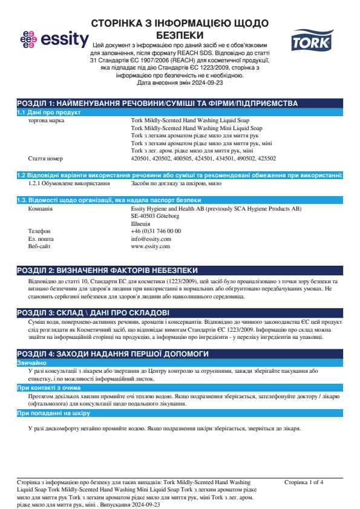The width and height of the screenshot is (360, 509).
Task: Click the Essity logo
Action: [x=54, y=40]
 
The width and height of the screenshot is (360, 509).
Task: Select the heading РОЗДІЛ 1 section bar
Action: [x=157, y=104]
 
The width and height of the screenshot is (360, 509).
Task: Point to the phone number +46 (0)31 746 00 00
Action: [x=155, y=231]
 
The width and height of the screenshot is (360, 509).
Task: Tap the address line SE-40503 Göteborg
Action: [x=155, y=216]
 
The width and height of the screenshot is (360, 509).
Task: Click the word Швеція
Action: [x=140, y=223]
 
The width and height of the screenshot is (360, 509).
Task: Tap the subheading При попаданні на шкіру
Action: [x=53, y=413]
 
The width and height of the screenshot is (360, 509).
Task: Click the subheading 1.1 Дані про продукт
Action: [x=49, y=113]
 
